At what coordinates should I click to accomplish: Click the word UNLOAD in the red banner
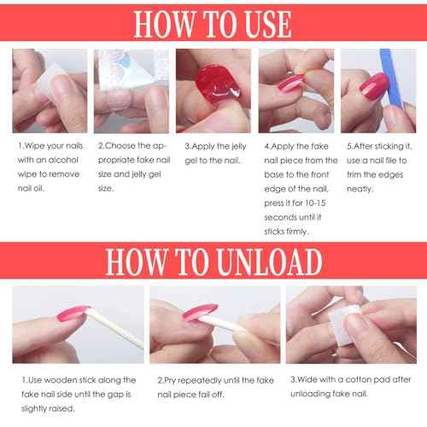(270, 261)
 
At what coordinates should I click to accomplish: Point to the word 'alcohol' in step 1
(62, 160)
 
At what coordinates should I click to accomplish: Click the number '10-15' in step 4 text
(315, 203)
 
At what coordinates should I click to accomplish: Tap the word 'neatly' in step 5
(360, 189)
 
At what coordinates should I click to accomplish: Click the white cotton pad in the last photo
(344, 325)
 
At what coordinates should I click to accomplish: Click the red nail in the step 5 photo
(374, 85)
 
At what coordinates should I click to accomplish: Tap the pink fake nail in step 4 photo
(290, 83)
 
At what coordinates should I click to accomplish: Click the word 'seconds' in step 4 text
(280, 218)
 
